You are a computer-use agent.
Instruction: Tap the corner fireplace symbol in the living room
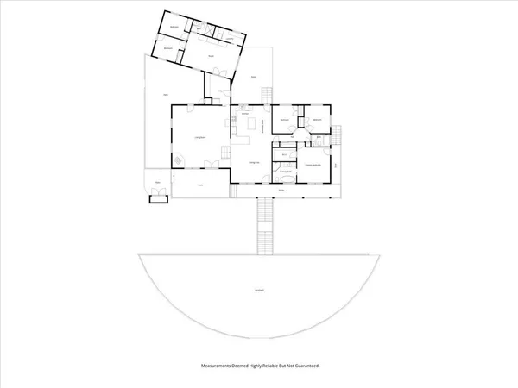(178, 160)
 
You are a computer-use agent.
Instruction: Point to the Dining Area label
(254, 162)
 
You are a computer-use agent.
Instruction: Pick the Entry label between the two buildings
(220, 91)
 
